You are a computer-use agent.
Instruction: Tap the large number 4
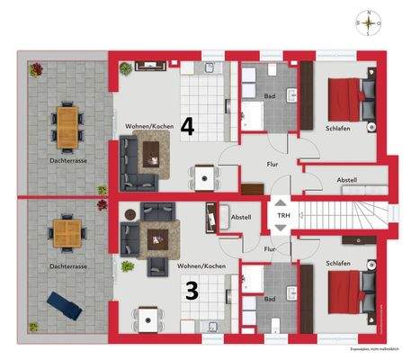coord(187,126)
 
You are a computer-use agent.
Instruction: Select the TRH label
coord(282,216)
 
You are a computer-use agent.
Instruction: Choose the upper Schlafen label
coord(337,128)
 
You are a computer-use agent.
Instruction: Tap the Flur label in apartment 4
coord(272,165)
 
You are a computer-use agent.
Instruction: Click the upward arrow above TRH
coord(282,203)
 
